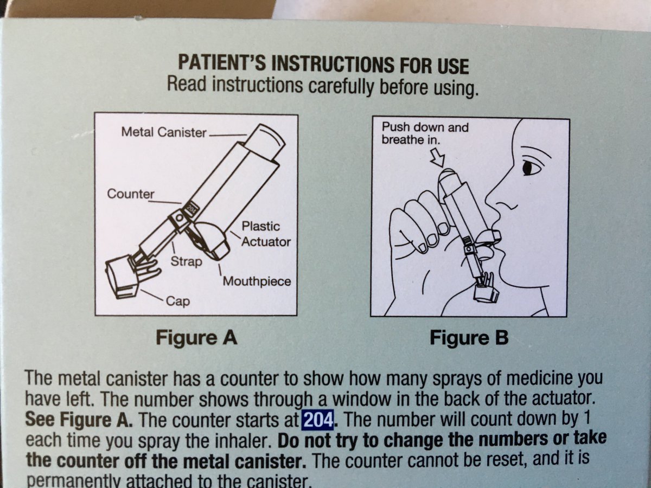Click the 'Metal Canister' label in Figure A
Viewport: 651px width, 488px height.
point(164,132)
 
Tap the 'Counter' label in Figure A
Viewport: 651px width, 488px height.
point(131,194)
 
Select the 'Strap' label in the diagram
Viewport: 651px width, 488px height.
point(186,262)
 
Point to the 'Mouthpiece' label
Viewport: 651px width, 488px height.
point(257,281)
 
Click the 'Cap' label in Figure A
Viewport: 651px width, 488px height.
point(177,301)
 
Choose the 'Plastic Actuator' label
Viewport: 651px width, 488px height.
point(266,234)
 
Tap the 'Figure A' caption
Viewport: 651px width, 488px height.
point(196,338)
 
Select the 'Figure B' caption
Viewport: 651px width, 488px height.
point(469,338)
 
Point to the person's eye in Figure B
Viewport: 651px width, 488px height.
point(528,168)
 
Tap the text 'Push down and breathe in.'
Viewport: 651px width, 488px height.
point(425,133)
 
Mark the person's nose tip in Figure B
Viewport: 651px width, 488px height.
point(487,198)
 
